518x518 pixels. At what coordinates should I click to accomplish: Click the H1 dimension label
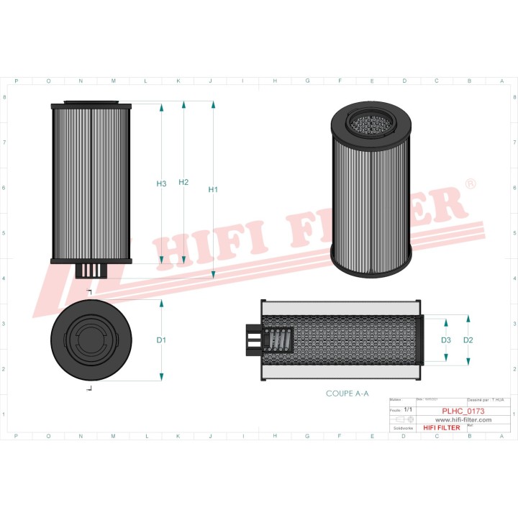pos(213,190)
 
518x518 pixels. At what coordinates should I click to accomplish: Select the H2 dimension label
pos(183,183)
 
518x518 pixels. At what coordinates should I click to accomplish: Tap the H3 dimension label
pos(161,184)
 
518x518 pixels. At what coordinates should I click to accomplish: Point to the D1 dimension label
pos(161,340)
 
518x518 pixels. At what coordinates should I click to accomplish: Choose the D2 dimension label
pos(468,340)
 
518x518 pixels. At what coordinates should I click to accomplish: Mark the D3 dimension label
pos(446,340)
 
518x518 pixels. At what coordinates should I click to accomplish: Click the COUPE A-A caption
pos(347,394)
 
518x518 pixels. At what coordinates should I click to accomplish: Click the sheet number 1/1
pos(408,409)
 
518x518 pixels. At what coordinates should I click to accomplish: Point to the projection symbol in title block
pos(401,419)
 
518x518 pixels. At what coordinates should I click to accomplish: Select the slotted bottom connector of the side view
pos(91,271)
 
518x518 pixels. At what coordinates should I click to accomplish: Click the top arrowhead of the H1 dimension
pos(213,105)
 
